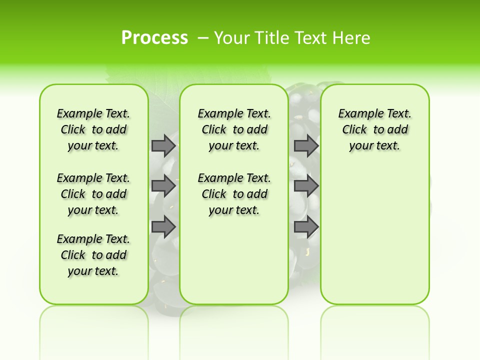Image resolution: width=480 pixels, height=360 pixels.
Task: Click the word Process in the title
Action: click(154, 37)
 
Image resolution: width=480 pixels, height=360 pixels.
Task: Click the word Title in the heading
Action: click(273, 37)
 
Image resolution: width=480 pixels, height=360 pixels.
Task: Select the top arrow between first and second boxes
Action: click(163, 145)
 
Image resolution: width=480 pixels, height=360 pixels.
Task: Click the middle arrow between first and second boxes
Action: click(163, 186)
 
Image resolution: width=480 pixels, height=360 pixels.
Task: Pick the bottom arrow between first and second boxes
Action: click(163, 226)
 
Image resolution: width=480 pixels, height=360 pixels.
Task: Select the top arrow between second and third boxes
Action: click(306, 145)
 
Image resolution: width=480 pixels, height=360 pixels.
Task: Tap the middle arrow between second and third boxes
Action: click(306, 186)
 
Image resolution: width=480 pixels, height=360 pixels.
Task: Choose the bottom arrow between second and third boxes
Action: click(306, 226)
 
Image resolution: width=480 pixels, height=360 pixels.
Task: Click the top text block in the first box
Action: click(93, 129)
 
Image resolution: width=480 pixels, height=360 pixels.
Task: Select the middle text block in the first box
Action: click(93, 194)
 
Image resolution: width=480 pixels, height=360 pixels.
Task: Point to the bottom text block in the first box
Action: click(93, 255)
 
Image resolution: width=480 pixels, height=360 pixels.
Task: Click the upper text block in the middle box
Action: click(234, 129)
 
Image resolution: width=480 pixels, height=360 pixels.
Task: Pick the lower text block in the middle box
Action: click(234, 194)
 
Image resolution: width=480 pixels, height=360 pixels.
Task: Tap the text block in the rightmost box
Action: click(374, 129)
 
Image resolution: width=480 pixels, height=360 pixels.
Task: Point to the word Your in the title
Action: click(233, 37)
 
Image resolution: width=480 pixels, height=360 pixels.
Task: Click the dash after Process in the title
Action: click(203, 38)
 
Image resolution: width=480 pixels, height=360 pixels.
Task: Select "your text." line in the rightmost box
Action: click(374, 145)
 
